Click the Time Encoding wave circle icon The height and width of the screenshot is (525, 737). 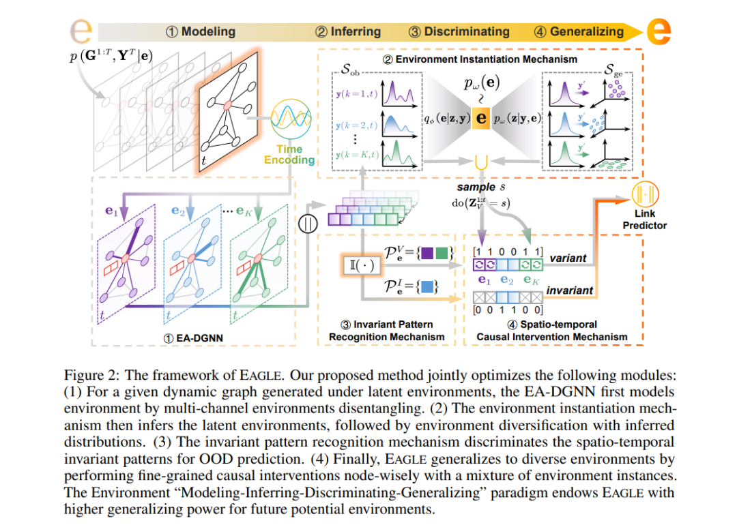coord(291,119)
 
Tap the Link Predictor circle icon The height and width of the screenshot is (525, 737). coord(645,194)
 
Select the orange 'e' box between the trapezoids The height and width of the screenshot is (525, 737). coord(481,118)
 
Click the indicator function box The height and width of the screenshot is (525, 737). coord(362,266)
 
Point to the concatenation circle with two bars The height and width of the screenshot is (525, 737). coord(308,224)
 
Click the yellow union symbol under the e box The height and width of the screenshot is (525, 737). coord(481,162)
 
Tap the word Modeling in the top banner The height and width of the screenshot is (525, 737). coord(208,31)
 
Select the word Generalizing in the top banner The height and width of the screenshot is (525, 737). coord(587,31)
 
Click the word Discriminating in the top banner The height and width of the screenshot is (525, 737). coord(467,31)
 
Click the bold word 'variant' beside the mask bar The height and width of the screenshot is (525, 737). coord(568,258)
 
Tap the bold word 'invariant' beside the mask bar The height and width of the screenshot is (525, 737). coord(570,290)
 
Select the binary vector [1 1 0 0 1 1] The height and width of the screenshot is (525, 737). coord(508,252)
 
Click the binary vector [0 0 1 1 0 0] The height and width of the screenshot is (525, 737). coord(508,310)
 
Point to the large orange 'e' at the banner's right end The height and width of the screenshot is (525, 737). coord(659,31)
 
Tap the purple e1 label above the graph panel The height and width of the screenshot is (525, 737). coord(111,211)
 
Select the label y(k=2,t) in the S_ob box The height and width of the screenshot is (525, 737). coord(357,125)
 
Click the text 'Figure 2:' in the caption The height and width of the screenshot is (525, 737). coord(92,375)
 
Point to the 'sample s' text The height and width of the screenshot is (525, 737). coord(481,187)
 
